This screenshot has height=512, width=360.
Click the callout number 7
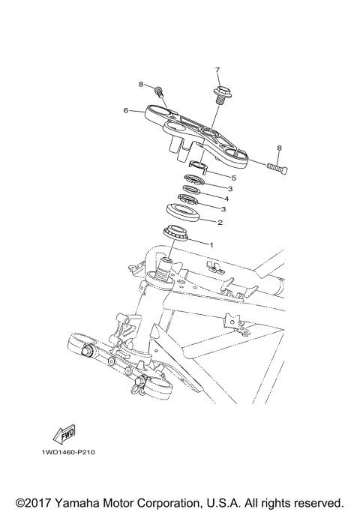tap(217, 70)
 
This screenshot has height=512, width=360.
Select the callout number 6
tap(126, 110)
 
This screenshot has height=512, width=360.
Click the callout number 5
tap(233, 178)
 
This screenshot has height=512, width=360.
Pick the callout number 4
tap(226, 200)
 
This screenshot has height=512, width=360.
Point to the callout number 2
tap(219, 223)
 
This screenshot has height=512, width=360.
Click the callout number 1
tap(211, 244)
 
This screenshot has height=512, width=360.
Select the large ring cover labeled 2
tap(182, 214)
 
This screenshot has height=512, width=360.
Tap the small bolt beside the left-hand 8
tap(160, 91)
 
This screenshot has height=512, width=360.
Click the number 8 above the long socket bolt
tap(279, 148)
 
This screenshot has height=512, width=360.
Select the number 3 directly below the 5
tap(230, 189)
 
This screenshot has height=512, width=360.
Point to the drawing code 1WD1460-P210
tap(63, 453)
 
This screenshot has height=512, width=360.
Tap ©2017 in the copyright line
tap(34, 501)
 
